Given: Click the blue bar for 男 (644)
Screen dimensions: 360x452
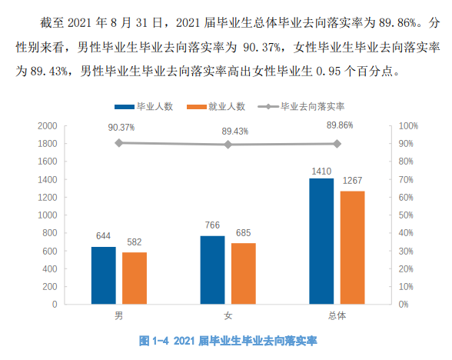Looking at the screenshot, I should click(x=104, y=275).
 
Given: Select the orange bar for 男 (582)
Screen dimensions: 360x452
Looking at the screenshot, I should click(x=135, y=278).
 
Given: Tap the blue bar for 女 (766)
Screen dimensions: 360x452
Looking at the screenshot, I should click(x=213, y=269).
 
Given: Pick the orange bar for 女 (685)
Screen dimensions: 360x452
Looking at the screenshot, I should click(x=244, y=273).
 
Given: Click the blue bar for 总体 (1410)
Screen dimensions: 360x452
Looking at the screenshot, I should click(x=321, y=241).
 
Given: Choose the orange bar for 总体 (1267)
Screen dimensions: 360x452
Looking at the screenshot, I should click(x=353, y=247).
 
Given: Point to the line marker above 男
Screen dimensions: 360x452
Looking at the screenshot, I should click(x=119, y=142).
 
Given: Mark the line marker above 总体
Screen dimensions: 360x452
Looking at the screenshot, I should click(x=337, y=143).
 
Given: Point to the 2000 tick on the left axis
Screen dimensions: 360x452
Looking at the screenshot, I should click(x=48, y=125).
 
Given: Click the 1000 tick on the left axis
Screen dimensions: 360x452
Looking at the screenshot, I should click(x=48, y=215).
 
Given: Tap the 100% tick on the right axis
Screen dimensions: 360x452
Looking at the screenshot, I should click(x=409, y=125).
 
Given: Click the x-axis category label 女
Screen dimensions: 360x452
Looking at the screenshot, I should click(x=228, y=316).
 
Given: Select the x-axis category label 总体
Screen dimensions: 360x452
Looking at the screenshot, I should click(x=337, y=316).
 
